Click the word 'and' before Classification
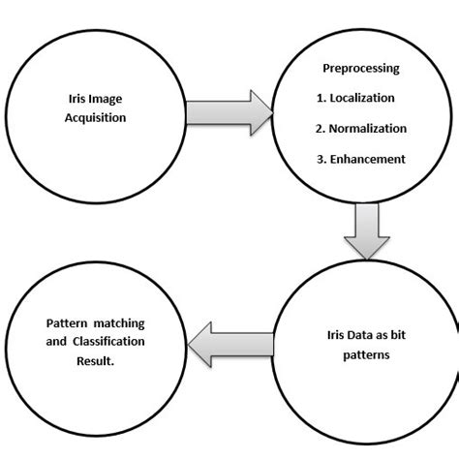54,343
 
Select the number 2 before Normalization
320,128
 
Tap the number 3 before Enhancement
321,159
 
